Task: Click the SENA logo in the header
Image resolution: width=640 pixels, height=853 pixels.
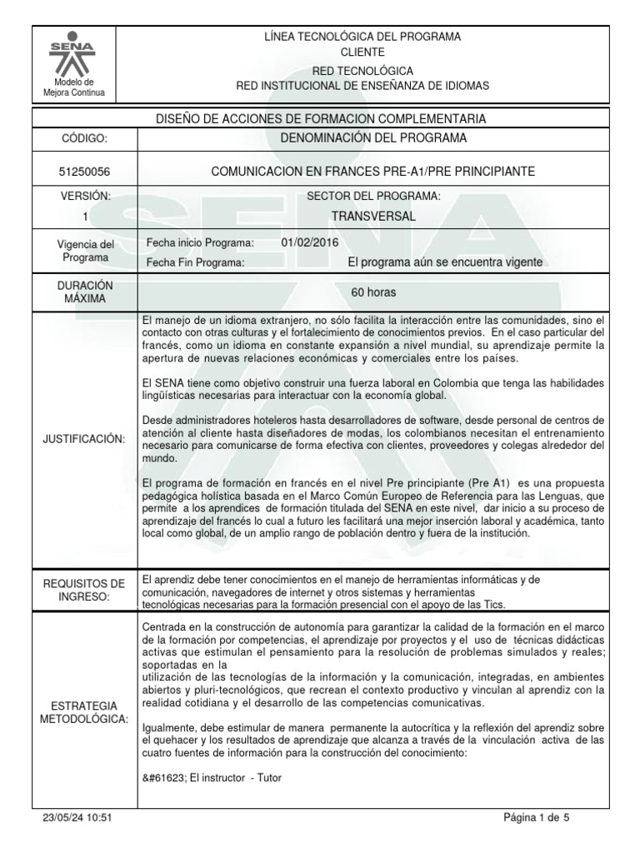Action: (x=73, y=57)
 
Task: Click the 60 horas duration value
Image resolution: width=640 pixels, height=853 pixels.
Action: (x=372, y=292)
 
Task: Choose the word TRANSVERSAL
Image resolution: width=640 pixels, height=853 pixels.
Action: (x=372, y=216)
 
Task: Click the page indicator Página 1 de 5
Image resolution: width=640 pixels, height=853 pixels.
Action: (x=536, y=818)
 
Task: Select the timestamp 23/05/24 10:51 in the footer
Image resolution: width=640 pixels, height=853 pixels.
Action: (x=77, y=818)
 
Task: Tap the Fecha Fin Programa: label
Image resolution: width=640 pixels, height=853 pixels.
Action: (x=195, y=262)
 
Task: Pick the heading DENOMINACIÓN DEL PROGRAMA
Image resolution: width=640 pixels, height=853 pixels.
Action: (x=372, y=137)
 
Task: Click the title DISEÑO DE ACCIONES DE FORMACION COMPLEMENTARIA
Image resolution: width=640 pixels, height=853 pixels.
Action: (x=322, y=119)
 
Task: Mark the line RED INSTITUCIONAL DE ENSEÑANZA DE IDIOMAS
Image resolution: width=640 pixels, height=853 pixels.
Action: (x=362, y=86)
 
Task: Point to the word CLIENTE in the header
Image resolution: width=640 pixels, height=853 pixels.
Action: (x=362, y=52)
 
